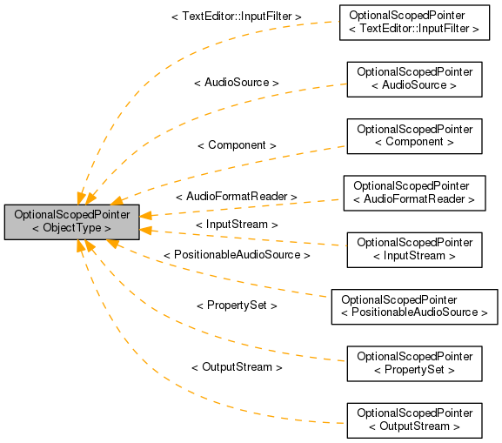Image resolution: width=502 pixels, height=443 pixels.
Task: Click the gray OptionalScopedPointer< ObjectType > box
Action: [71, 221]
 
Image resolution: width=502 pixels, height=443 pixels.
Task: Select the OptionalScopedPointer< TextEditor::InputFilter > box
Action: [414, 23]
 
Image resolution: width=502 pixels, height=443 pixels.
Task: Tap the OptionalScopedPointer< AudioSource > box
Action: [414, 79]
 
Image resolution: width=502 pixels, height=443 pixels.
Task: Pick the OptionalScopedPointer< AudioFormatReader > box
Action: [414, 193]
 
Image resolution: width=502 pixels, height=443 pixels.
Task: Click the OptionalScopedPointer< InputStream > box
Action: [414, 249]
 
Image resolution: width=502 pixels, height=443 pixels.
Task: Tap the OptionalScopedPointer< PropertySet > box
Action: [414, 363]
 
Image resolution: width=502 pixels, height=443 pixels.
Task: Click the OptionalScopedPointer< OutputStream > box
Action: [414, 420]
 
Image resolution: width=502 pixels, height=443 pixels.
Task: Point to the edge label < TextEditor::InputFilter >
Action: [237, 17]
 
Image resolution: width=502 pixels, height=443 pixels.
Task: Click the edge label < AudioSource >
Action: [237, 83]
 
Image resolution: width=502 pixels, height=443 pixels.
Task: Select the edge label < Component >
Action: [237, 145]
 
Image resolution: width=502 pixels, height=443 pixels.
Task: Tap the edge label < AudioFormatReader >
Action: [237, 198]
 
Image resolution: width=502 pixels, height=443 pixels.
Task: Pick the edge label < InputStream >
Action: [237, 225]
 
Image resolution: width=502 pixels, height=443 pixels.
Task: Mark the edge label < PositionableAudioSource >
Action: [237, 255]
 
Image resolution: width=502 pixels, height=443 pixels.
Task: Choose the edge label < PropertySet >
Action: [237, 305]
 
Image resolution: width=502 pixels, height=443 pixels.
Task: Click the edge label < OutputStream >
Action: [237, 367]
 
